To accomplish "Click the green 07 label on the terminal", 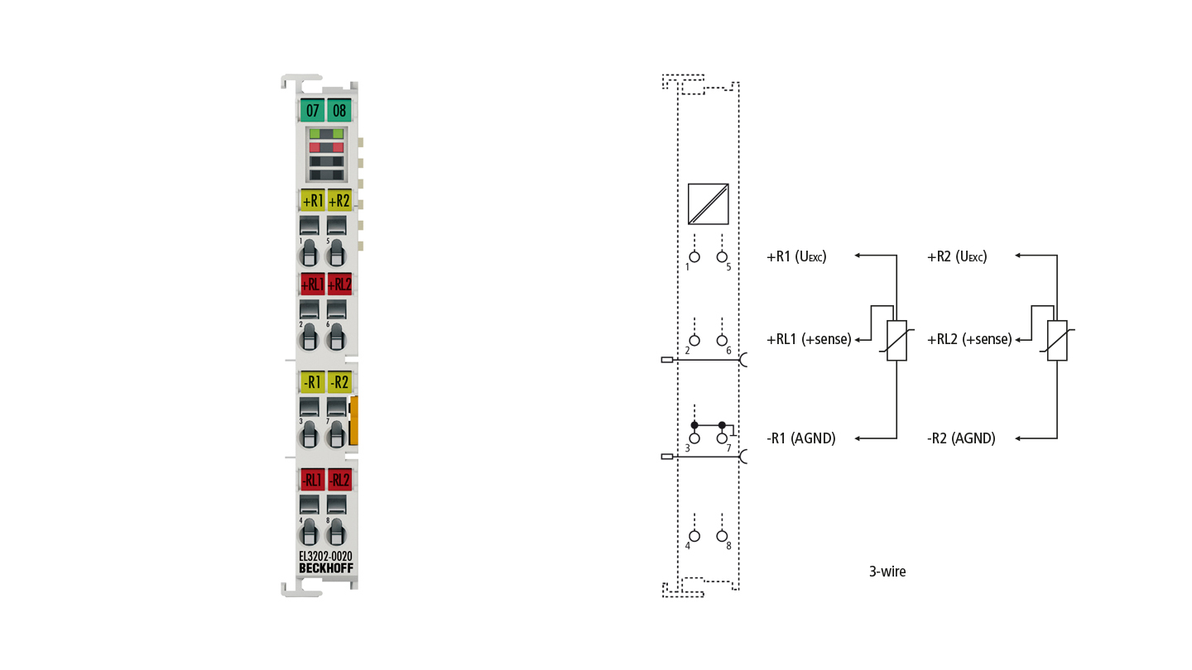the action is [x=312, y=110].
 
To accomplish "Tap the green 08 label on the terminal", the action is [x=339, y=110].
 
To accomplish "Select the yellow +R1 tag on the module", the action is [x=312, y=200].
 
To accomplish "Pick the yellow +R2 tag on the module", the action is [x=339, y=200].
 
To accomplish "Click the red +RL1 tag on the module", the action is [x=312, y=285].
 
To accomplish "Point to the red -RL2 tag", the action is [x=339, y=480].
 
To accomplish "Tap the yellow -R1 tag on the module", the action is [x=312, y=382].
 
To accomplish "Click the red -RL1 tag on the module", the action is [x=312, y=480].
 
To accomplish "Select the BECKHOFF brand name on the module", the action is [x=325, y=568].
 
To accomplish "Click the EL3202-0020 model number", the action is [x=325, y=556].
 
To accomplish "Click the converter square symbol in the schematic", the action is [x=709, y=204].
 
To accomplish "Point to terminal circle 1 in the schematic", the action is [x=695, y=256].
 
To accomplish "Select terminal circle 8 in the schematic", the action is [x=722, y=536].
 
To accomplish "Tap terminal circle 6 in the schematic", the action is [x=722, y=340].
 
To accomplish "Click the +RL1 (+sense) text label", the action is [x=809, y=339].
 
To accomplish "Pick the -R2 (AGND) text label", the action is [x=961, y=438].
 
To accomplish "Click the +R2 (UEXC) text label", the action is [x=957, y=256].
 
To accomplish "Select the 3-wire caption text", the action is [x=887, y=572].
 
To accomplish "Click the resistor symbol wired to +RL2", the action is [x=1057, y=341].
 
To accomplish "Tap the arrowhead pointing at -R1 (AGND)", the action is [x=858, y=438].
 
